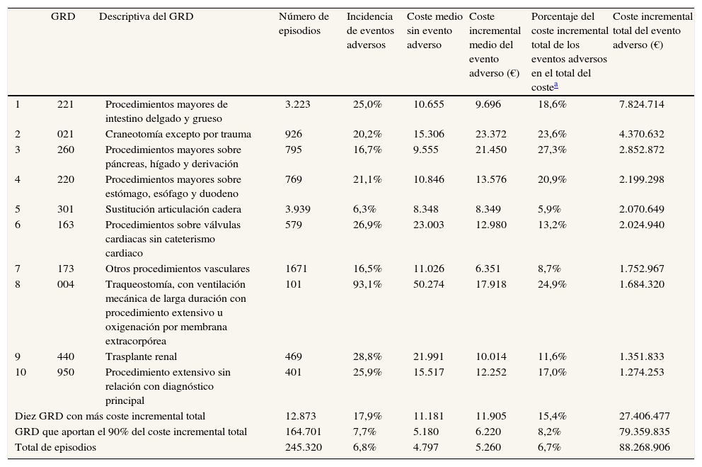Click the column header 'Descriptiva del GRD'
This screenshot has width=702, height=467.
146,16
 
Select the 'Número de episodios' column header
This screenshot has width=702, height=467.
304,23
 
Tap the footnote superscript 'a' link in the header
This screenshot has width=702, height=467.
556,84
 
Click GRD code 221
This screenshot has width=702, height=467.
65,104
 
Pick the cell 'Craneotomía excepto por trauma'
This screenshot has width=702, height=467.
178,134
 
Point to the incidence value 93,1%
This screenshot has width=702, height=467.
367,284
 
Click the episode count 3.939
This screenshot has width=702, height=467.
297,209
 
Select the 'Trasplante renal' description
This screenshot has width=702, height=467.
141,356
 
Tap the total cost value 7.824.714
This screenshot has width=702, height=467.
641,104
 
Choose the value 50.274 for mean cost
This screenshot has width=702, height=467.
428,284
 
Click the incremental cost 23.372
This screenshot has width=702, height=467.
490,134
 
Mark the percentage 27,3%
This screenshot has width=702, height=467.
552,150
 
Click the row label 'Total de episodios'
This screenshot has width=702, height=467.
55,447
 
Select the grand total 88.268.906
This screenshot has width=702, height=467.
644,447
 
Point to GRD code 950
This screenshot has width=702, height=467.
65,372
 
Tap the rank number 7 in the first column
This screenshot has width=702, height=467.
18,269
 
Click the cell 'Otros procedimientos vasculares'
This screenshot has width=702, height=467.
177,269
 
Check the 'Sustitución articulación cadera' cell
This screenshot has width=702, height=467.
173,209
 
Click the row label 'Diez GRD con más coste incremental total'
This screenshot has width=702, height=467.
110,416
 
